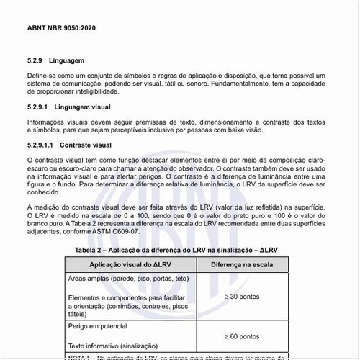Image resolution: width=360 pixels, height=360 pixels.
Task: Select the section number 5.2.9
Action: coord(36,62)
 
